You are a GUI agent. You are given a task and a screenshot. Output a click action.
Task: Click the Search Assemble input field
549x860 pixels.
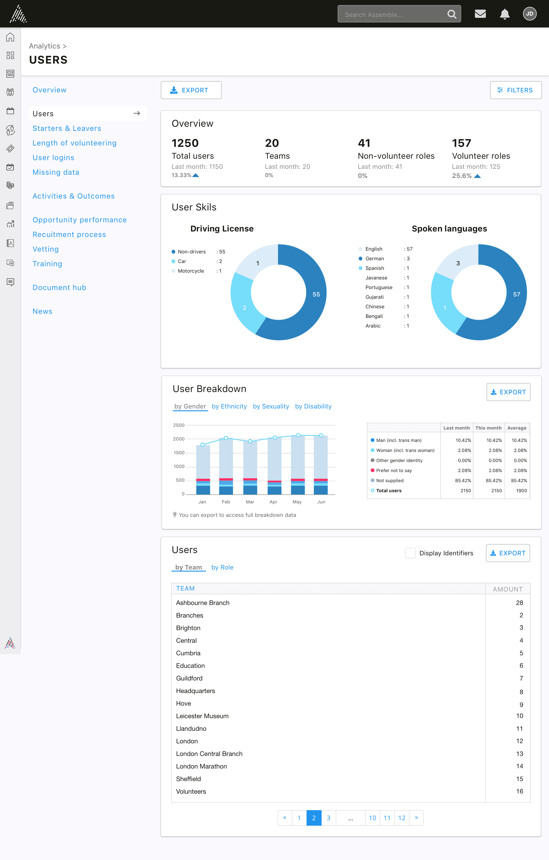399,14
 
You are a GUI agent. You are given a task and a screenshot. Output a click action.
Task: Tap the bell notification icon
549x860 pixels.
504,14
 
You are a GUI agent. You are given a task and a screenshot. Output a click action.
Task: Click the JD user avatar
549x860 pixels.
529,14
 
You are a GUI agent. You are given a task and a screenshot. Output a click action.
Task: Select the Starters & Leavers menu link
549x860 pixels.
67,128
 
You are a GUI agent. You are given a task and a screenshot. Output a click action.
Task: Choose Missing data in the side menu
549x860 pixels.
56,172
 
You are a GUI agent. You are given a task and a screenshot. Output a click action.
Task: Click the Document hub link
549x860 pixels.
59,288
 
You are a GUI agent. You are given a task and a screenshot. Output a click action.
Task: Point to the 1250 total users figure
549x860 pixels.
185,143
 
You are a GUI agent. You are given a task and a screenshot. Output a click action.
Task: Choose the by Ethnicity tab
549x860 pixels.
229,406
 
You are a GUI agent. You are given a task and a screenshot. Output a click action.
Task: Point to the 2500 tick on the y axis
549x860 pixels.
179,425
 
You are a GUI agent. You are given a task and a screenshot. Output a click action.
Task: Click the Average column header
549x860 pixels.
517,428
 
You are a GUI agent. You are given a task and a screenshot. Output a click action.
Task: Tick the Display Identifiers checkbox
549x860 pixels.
410,553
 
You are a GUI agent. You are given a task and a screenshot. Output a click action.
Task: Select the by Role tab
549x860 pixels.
222,567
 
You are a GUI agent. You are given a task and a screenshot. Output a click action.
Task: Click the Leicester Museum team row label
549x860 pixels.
202,716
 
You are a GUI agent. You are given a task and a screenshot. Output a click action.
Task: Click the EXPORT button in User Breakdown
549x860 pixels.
508,392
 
